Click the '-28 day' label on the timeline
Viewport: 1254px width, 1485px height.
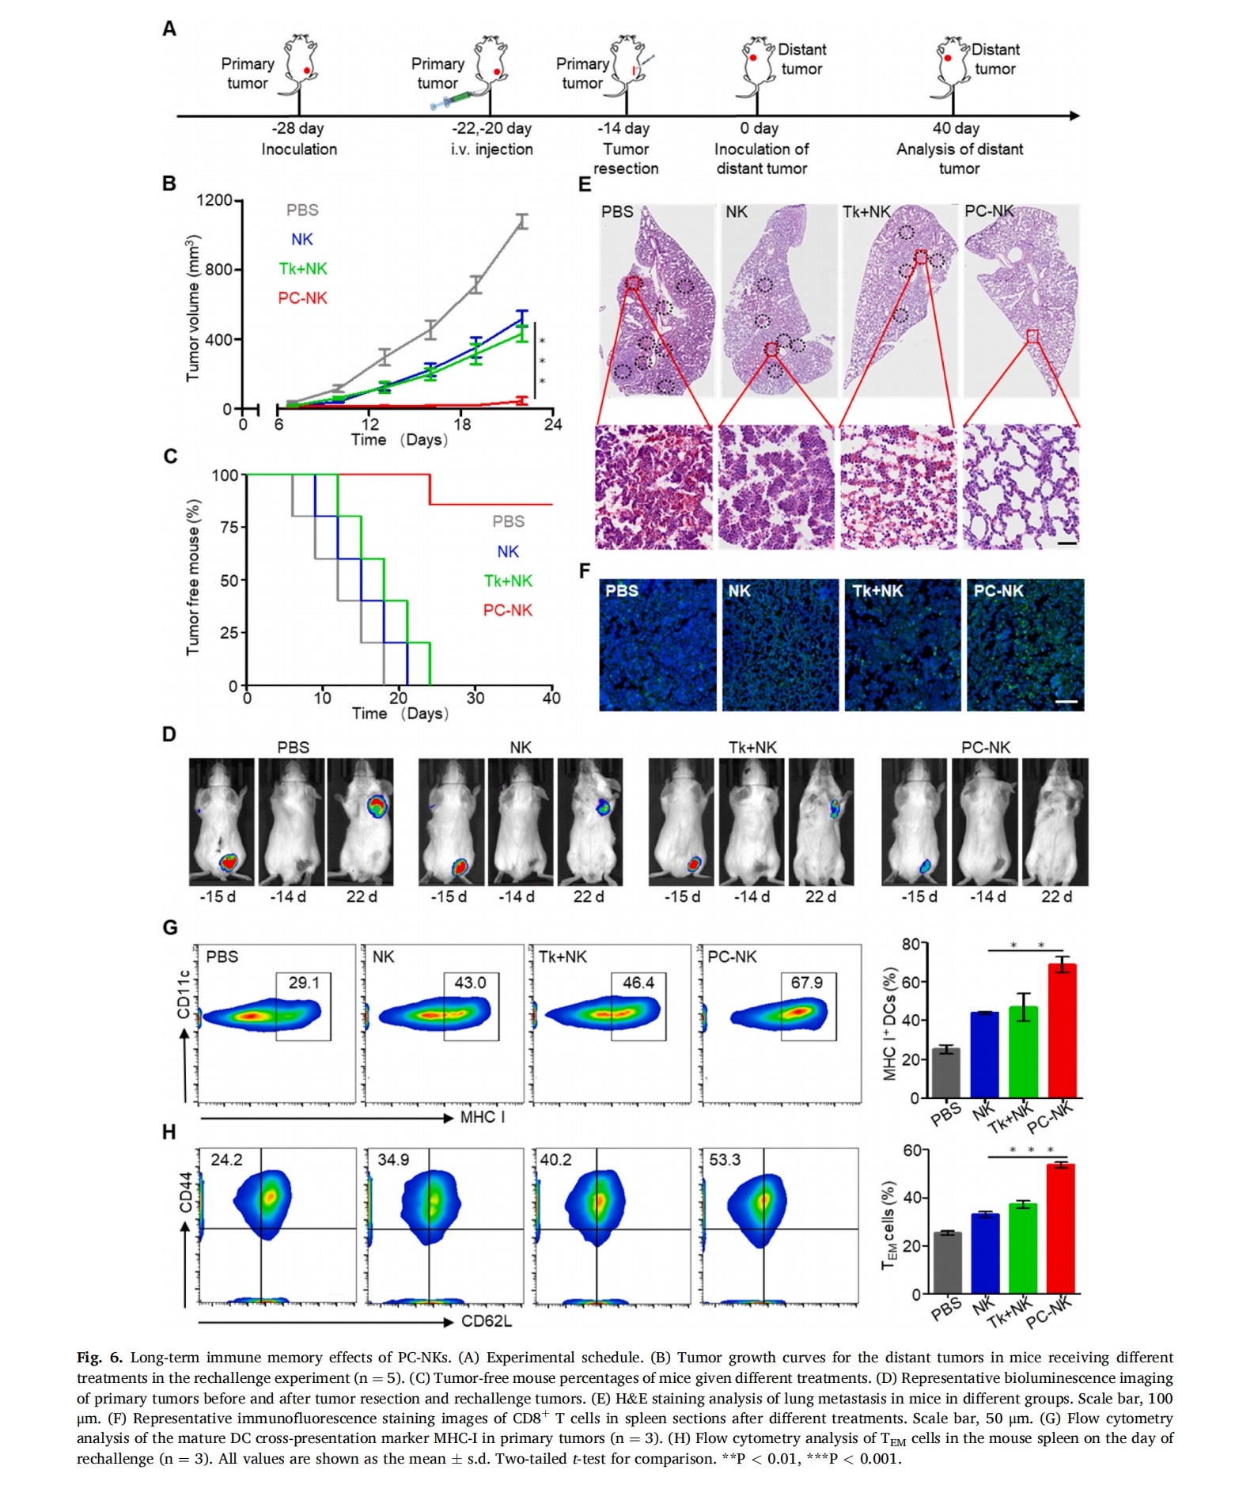click(297, 128)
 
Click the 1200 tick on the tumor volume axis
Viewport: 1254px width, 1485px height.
click(214, 200)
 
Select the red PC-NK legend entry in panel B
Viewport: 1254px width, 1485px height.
click(302, 298)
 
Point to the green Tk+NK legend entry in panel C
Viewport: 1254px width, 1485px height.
click(508, 581)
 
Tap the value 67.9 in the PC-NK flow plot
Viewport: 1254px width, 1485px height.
click(806, 983)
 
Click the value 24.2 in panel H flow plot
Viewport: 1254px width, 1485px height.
click(226, 1160)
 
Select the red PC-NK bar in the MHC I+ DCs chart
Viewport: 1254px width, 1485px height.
click(1062, 1030)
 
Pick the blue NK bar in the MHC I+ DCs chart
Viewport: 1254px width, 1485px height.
click(985, 1055)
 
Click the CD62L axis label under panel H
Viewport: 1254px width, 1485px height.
click(487, 1321)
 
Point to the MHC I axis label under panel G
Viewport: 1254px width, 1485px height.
click(483, 1117)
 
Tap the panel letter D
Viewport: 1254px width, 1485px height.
click(169, 735)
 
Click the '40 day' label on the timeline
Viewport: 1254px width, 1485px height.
click(956, 128)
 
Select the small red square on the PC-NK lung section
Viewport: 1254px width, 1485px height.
click(1032, 336)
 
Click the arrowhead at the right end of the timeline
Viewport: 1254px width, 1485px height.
click(1074, 116)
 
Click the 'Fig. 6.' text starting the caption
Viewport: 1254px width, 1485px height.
click(100, 1358)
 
